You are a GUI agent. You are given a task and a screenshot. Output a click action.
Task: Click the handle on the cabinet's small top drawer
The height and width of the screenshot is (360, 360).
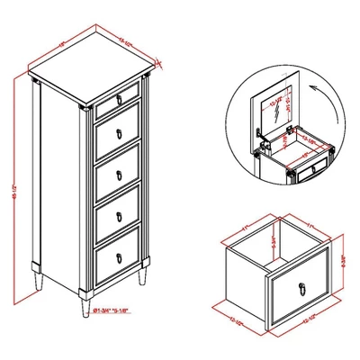pos(118,94)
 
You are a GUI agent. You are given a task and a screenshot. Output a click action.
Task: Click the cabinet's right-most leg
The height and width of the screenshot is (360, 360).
pos(139,275)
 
